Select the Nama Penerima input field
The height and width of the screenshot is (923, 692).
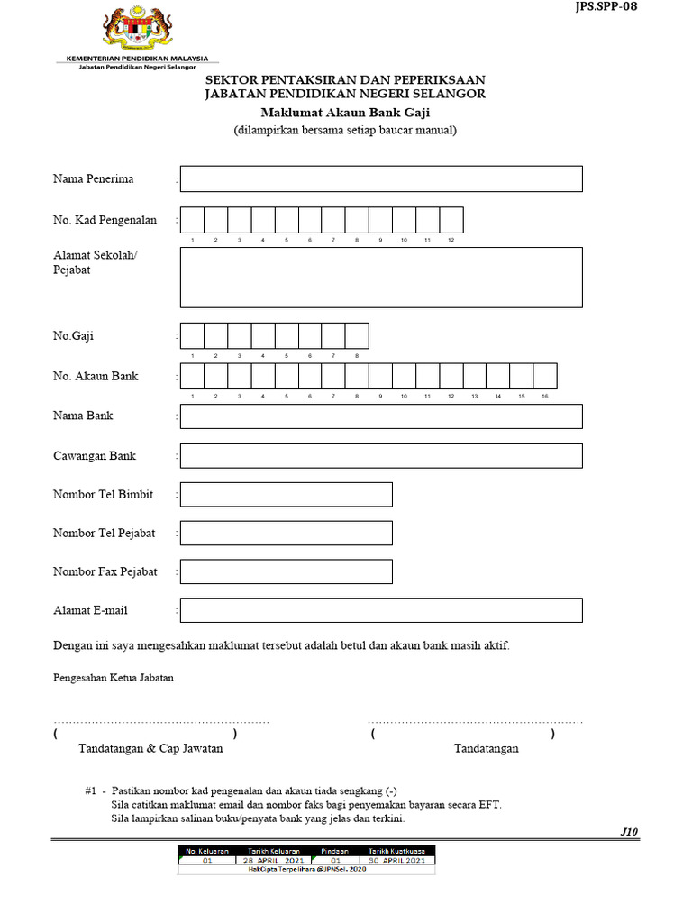pyautogui.click(x=381, y=178)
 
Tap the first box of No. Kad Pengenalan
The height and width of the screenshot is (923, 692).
pyautogui.click(x=192, y=220)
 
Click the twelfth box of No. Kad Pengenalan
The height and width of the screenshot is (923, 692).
pyautogui.click(x=451, y=220)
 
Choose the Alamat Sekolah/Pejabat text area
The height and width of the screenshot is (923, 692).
pyautogui.click(x=381, y=278)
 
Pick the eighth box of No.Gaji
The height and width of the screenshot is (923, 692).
pyautogui.click(x=357, y=336)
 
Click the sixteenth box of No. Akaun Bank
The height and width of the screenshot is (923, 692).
pyautogui.click(x=545, y=376)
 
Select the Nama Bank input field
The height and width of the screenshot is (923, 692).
pyautogui.click(x=381, y=416)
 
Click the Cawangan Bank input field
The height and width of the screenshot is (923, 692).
pyautogui.click(x=381, y=456)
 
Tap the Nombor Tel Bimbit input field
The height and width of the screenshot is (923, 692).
pyautogui.click(x=287, y=494)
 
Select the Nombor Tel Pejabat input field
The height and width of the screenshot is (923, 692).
pyautogui.click(x=287, y=533)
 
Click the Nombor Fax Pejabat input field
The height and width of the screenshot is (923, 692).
pyautogui.click(x=287, y=571)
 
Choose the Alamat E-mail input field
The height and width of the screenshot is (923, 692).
pyautogui.click(x=381, y=610)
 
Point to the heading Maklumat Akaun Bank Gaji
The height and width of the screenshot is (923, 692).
pyautogui.click(x=346, y=113)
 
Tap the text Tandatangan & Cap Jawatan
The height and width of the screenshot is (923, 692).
pyautogui.click(x=150, y=748)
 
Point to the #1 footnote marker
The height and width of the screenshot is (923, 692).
pyautogui.click(x=90, y=790)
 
